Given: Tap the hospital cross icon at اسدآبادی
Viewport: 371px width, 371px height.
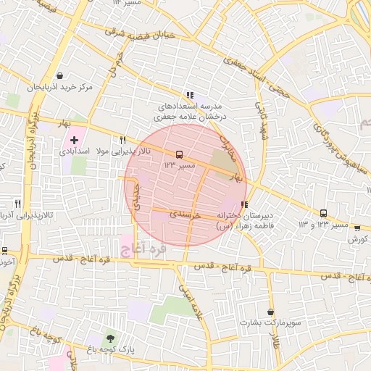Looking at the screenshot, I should [x=74, y=139].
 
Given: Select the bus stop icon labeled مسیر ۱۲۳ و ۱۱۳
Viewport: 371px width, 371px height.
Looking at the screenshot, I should [x=323, y=213].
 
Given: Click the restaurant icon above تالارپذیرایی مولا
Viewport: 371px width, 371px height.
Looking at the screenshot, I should [x=122, y=140].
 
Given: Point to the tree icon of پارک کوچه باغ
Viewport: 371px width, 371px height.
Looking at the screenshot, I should [x=109, y=338].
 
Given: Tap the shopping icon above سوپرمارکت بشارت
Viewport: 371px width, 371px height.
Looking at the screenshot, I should [x=270, y=311].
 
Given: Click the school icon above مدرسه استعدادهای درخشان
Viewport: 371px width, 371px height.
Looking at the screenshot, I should [x=190, y=94].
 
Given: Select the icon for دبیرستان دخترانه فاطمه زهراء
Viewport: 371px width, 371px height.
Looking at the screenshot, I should [x=246, y=205].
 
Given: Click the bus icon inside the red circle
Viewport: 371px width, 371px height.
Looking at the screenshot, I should [x=179, y=154].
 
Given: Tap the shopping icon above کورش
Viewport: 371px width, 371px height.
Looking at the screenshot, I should [x=356, y=227].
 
